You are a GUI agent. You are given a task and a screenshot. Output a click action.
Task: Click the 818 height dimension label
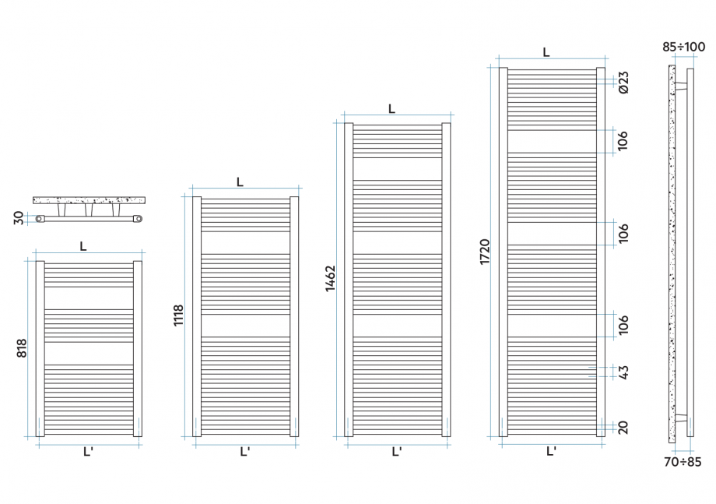[23, 348]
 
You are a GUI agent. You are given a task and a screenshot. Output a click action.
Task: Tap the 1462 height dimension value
[331, 278]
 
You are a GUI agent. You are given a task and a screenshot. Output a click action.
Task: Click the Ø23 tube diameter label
[623, 82]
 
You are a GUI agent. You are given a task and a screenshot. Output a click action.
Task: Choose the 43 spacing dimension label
[623, 372]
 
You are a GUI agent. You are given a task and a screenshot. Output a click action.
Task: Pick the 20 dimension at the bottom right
[623, 427]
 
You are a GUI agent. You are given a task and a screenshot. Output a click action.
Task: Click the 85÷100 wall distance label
[684, 47]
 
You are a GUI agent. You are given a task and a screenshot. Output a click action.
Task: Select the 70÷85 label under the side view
[682, 462]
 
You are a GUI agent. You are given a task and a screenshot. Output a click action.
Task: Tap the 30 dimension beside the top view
[19, 219]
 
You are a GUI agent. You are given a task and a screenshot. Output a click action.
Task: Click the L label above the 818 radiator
[83, 245]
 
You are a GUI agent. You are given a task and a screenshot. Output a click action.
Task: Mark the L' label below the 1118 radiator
[244, 451]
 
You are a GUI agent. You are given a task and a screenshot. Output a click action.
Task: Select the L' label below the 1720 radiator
[551, 451]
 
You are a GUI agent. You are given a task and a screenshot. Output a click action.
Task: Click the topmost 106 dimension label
[623, 141]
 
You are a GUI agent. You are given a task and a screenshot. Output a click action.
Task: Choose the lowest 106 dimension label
[623, 325]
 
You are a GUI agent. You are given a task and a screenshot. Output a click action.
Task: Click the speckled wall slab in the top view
[89, 200]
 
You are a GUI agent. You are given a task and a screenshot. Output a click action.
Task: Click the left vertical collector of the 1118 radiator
[197, 315]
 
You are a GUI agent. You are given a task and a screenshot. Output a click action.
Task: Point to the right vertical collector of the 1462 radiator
[446, 279]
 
